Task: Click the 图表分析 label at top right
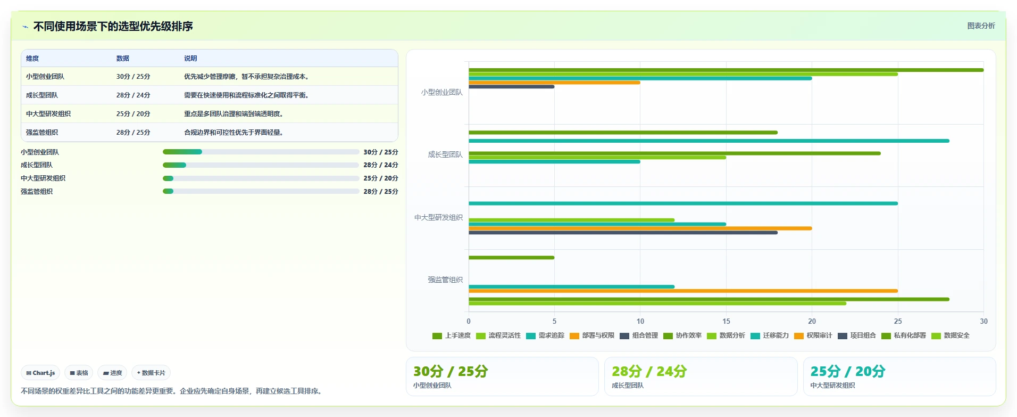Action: pos(981,26)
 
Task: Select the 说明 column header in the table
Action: pos(190,58)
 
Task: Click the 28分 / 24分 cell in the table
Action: pos(133,95)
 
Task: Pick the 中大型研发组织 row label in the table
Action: pos(48,113)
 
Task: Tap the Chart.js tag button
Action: pos(40,373)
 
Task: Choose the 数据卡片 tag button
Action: pos(151,373)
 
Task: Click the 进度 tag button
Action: pos(112,373)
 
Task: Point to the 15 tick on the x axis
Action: pos(726,321)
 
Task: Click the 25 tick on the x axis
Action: pos(898,321)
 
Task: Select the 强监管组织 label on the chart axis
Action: pos(445,280)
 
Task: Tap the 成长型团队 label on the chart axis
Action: pos(445,154)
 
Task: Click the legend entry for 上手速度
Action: pos(452,336)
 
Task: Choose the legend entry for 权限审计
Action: pos(813,336)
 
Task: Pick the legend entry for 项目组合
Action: pos(856,336)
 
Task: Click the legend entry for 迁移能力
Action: pos(769,336)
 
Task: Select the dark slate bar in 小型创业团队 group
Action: pos(511,87)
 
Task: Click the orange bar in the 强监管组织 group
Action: pos(683,291)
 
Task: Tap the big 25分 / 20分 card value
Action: pos(847,371)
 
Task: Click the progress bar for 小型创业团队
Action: pos(261,152)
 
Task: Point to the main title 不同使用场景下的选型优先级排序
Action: pos(113,26)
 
